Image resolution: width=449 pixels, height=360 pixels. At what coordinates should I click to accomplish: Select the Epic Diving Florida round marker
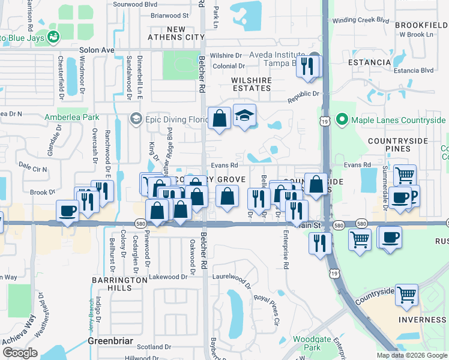tap(136, 119)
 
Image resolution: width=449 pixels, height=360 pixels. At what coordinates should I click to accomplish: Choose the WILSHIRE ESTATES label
tap(251, 84)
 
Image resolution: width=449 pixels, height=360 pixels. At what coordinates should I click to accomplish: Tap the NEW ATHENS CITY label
tap(177, 33)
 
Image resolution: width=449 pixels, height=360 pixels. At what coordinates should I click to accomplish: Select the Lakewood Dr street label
tap(168, 277)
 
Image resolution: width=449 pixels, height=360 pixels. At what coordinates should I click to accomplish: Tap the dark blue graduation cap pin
tap(244, 115)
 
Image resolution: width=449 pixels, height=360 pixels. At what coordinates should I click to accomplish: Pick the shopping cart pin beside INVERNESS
tap(407, 295)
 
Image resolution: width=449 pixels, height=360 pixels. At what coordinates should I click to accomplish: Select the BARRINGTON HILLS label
tap(112, 284)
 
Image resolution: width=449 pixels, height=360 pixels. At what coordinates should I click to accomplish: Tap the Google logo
tap(19, 353)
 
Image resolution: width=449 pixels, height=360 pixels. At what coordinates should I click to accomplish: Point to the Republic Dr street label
tap(303, 94)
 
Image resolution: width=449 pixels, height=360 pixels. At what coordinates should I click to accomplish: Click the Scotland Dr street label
tap(154, 347)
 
